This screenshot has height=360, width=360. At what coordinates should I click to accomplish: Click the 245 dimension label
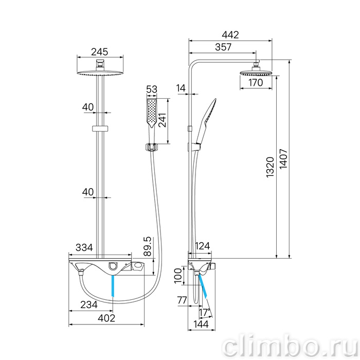[100, 52]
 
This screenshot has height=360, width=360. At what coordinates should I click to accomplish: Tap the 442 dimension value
[230, 35]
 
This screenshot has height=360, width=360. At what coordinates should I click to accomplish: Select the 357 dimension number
[223, 47]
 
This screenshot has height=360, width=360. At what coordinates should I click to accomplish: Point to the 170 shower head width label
[256, 82]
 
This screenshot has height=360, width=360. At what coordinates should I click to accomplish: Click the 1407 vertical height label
[284, 159]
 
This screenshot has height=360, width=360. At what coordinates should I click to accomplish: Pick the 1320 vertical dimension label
[271, 167]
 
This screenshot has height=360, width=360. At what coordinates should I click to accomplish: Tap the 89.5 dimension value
[148, 246]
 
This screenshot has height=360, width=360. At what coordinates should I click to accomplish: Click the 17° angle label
[205, 313]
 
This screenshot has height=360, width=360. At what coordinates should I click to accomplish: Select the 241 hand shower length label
[163, 120]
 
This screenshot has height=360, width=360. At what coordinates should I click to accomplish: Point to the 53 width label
[152, 89]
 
